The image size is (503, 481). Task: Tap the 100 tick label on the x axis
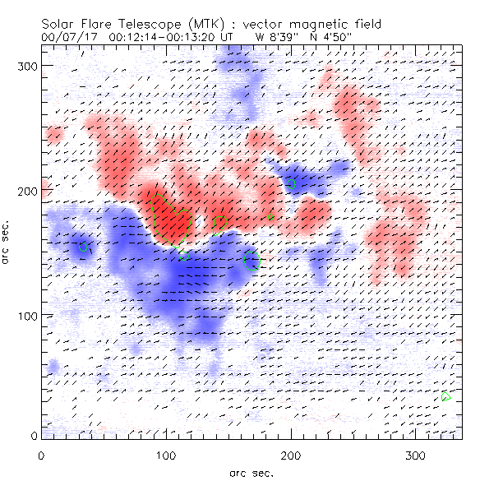166,455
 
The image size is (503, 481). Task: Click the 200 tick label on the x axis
291,455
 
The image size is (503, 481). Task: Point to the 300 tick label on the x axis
416,455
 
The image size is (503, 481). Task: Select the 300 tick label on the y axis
30,65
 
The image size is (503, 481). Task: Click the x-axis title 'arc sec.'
251,472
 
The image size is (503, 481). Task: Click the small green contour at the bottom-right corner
446,398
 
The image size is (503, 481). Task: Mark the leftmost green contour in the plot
83,247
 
